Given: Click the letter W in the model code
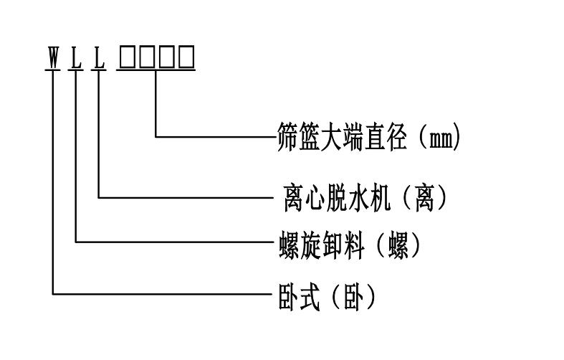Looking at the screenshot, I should [x=53, y=57].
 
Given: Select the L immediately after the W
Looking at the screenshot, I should [x=76, y=57].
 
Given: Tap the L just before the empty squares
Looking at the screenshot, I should [x=99, y=57].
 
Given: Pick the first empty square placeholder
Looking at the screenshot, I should [x=128, y=57].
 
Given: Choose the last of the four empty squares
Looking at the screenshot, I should [x=186, y=57].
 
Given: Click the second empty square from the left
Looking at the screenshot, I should [x=147, y=57].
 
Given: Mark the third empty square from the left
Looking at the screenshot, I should [x=166, y=57].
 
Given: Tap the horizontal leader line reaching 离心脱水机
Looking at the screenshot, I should [x=186, y=196].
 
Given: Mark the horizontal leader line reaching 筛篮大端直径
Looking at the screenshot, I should [x=215, y=136].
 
